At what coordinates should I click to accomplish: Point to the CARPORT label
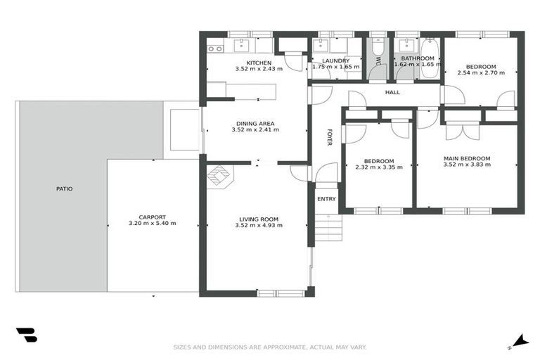[x=152, y=217]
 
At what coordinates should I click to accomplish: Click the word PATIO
[x=65, y=188]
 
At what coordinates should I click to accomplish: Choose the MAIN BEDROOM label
[x=467, y=158]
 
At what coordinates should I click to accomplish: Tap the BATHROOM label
[x=418, y=58]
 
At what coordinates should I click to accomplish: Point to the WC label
[x=377, y=61]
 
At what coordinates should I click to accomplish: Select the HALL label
[x=392, y=92]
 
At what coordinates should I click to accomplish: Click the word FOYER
[x=328, y=137]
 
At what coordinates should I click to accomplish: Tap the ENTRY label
[x=326, y=199]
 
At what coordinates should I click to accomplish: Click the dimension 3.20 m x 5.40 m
[x=152, y=224]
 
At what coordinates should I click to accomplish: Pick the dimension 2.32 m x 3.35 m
[x=379, y=167]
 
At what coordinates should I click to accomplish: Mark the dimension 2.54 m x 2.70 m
[x=481, y=72]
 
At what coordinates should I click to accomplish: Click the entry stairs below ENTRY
[x=328, y=226]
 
